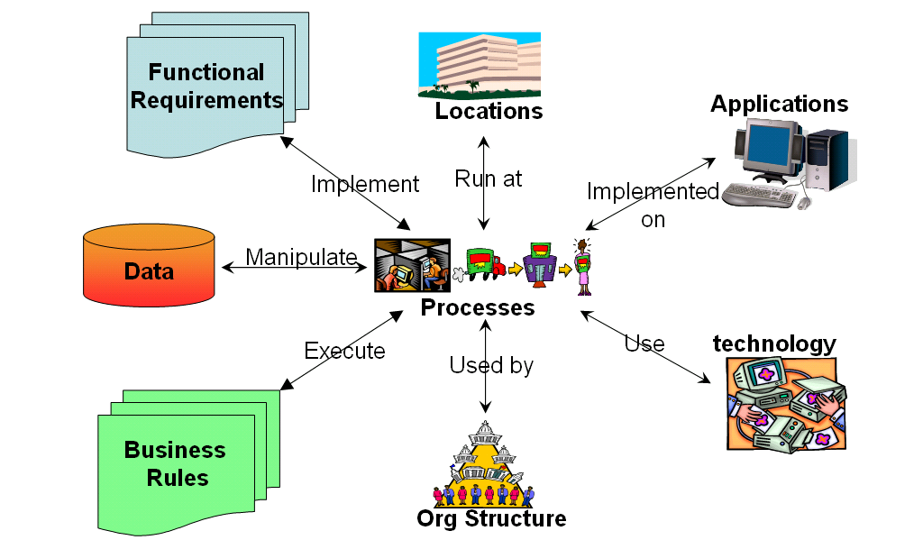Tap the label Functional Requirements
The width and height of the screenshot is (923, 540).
pos(206,86)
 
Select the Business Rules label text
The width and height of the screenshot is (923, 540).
pos(175,462)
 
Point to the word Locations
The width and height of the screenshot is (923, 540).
pos(489,111)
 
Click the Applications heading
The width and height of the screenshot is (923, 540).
pos(779,104)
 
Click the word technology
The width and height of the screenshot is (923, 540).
pos(774,343)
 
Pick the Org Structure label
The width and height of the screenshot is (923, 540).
pos(491,518)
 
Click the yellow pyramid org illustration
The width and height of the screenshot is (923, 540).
pos(485,465)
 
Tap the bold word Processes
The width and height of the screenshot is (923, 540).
pos(478,307)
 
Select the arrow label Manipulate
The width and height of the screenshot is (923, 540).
pos(301,257)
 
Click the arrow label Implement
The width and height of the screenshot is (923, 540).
pos(365,184)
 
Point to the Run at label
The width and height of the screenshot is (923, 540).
pos(488,178)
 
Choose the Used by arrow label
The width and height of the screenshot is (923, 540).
pos(491,365)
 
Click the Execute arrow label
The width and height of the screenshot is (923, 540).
pos(344,351)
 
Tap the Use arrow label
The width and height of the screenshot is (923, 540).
pos(644,343)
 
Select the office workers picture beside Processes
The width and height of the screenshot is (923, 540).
pos(411,264)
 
